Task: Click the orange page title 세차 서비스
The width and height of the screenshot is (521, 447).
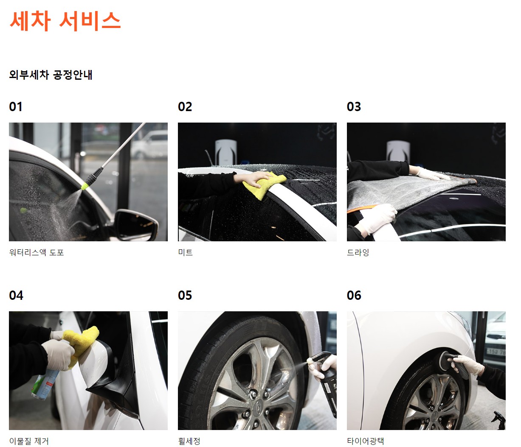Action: point(65,21)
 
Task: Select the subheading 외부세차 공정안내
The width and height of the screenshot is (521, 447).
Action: point(51,75)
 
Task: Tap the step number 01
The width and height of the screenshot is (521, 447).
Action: point(16,107)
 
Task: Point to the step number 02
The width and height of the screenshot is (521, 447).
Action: point(185,107)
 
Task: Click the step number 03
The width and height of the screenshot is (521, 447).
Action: point(354,107)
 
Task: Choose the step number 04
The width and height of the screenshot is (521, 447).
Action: point(16,295)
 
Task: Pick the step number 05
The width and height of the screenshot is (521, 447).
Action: point(185,295)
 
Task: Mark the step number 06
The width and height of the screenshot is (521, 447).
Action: point(354,295)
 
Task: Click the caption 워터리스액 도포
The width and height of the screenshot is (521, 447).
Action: point(37,252)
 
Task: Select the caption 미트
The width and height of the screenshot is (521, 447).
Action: point(186,252)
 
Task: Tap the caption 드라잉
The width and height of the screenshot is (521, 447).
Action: point(358,252)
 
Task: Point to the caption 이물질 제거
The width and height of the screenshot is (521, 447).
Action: point(29,441)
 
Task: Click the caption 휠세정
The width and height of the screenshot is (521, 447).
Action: point(189,441)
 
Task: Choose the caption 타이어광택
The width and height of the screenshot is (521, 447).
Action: point(366,441)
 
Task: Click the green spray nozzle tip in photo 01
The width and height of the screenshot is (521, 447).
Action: point(84,187)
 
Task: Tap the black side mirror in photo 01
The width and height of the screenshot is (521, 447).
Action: point(136,225)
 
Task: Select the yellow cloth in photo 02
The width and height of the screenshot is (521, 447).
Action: point(264,185)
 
